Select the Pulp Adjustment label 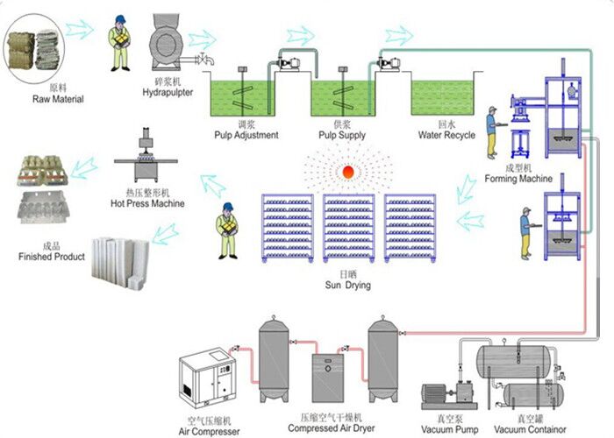pos(246,135)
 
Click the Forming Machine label pos(518,179)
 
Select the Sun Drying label pos(346,286)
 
